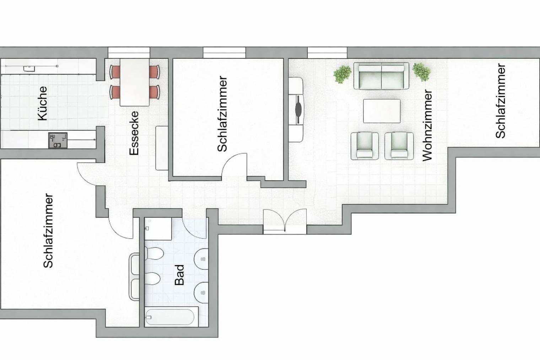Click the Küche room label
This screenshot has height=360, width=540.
pos(43,103)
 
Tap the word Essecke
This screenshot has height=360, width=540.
pos(134,133)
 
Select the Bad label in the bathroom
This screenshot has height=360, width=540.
pos(179,275)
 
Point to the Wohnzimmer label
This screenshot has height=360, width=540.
pos(427,125)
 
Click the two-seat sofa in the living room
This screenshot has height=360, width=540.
pos(381,76)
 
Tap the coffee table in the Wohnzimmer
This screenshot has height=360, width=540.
pos(382,111)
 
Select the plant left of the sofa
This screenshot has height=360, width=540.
pos(342,74)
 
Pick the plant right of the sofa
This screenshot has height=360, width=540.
pos(421,72)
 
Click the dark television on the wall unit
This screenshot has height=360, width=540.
pos(299,110)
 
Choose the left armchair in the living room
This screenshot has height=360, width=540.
pos(364,146)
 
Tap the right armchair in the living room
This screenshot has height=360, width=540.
pos(399,146)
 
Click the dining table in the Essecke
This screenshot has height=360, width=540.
pos(135,82)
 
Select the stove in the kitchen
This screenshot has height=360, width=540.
pos(58,140)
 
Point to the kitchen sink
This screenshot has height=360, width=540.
pos(29,69)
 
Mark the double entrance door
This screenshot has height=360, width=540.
pos(285,221)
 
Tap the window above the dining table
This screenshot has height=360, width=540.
pos(129,53)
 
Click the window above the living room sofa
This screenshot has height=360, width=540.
pos(327,53)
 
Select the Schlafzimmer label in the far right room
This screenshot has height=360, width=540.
pos(500,101)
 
